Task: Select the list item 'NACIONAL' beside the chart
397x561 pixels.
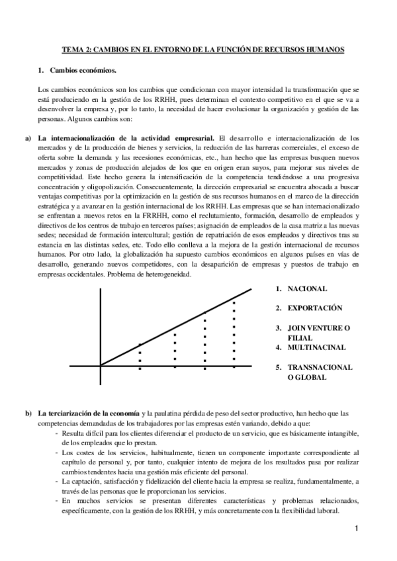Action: (x=306, y=288)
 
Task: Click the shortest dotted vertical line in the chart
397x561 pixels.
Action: (x=140, y=355)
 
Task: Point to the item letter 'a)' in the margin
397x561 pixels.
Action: (x=28, y=137)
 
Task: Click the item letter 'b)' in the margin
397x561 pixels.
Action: (x=28, y=413)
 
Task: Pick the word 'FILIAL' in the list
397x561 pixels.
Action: (x=300, y=337)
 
